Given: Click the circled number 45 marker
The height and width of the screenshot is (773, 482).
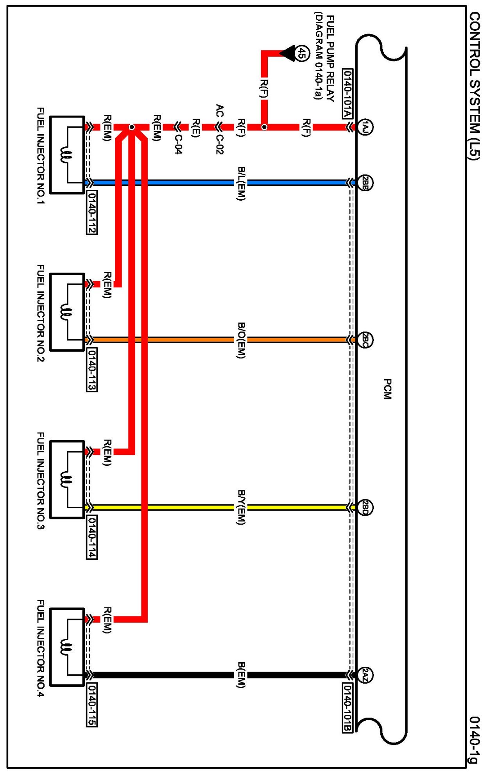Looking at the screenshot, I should [x=301, y=53].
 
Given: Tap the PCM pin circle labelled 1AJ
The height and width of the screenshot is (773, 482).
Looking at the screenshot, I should [x=365, y=127].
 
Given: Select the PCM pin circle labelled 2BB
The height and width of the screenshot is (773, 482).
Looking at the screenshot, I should [x=365, y=183].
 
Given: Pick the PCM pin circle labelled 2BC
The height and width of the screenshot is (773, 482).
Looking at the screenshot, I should [x=365, y=340].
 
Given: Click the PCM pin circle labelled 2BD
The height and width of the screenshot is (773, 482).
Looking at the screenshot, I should [x=365, y=508].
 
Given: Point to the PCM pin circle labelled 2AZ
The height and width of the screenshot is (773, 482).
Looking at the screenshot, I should [x=365, y=675].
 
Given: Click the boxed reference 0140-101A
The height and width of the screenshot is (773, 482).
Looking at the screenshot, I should [x=347, y=94].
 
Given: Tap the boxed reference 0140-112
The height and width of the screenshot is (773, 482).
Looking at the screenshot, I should [x=91, y=212].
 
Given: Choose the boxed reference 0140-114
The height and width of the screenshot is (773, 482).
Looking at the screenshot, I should [x=91, y=537].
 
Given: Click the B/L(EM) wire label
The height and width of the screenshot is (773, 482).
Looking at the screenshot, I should [x=241, y=183].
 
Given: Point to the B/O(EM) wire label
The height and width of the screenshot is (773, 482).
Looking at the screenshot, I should [x=241, y=340].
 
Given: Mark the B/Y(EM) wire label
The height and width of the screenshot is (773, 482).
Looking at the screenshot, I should [x=241, y=508].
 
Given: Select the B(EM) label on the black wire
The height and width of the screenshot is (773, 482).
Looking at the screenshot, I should [x=241, y=675].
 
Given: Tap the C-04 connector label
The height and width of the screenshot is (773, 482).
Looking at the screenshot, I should [x=178, y=144].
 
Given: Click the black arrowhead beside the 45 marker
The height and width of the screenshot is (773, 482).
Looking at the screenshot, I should [x=288, y=53].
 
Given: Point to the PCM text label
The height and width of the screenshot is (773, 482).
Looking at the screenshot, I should [x=387, y=389].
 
